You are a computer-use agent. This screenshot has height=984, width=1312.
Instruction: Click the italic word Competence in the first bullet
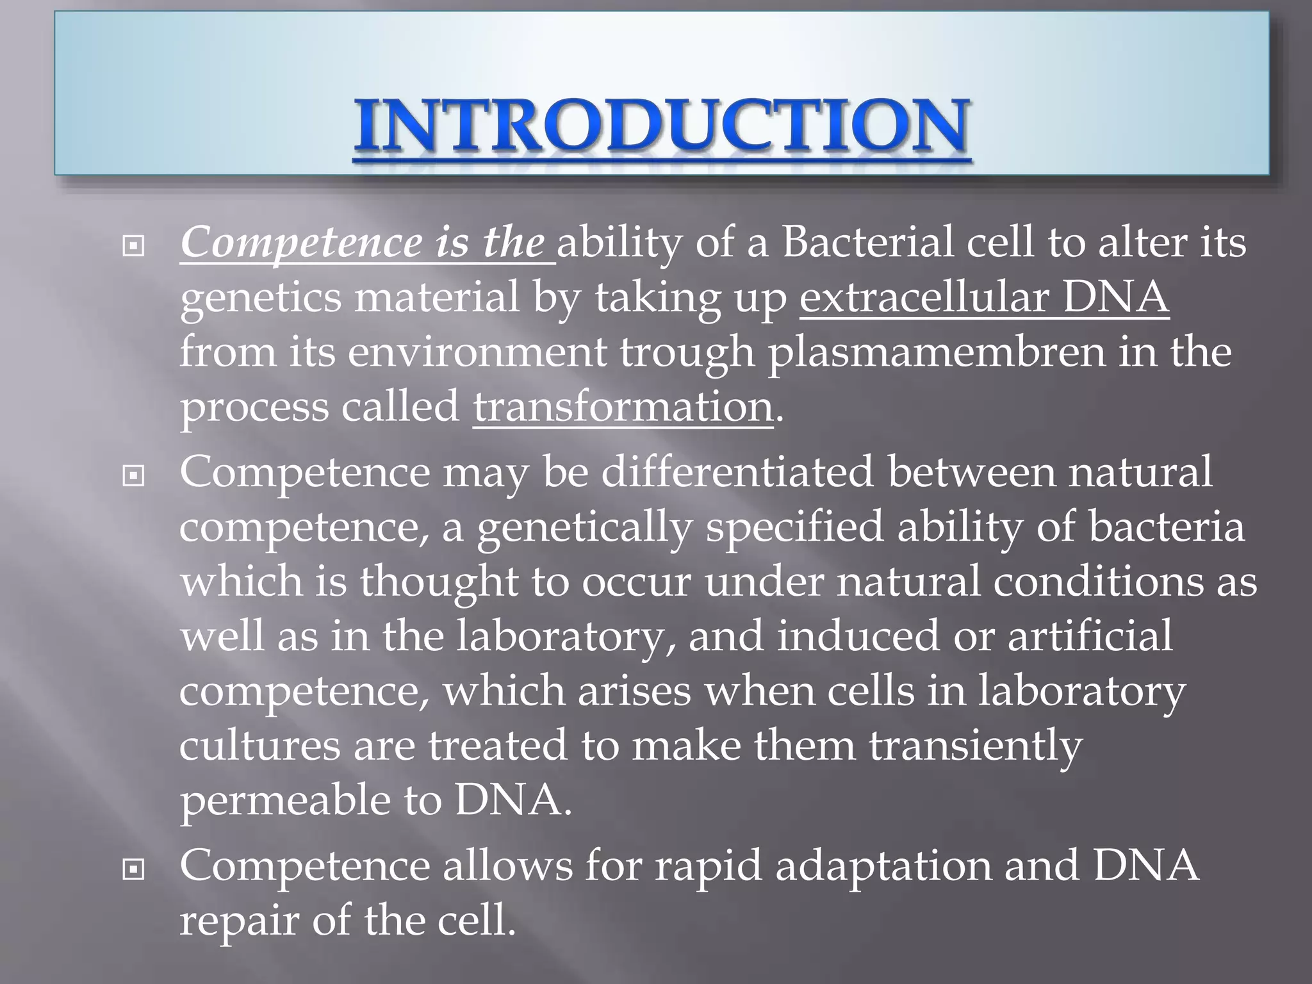click(301, 243)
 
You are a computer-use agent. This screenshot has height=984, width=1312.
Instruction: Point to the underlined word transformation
click(623, 407)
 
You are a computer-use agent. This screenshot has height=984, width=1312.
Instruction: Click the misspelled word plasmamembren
click(936, 352)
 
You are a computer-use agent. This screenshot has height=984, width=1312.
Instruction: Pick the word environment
click(477, 352)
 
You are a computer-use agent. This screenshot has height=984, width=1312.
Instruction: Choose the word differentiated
click(737, 472)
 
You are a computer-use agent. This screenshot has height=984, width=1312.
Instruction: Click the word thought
click(439, 582)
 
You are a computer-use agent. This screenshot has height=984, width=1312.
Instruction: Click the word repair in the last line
click(238, 921)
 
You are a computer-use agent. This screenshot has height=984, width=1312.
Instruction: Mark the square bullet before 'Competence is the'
click(133, 246)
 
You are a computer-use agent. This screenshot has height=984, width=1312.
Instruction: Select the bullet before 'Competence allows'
click(133, 869)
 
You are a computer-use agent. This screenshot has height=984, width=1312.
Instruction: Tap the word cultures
click(259, 746)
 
